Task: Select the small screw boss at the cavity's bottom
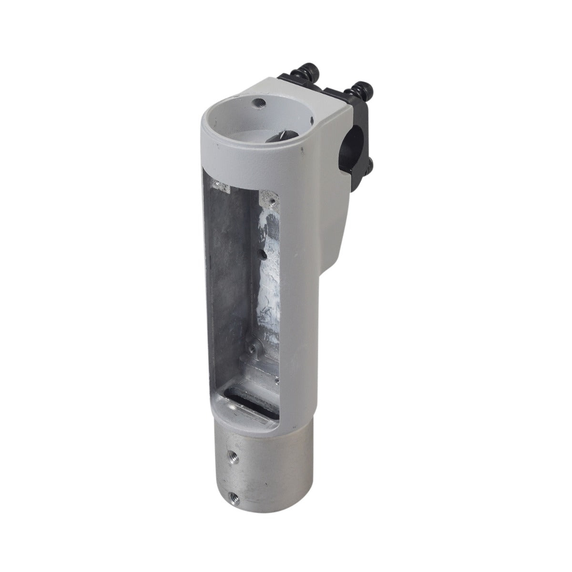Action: (x=255, y=353)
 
